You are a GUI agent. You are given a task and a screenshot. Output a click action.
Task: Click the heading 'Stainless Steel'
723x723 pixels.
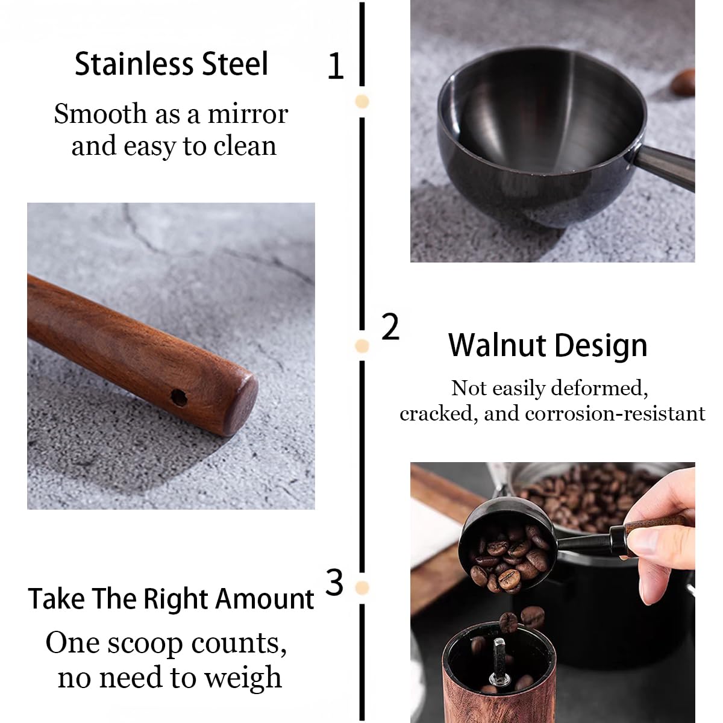click(171, 64)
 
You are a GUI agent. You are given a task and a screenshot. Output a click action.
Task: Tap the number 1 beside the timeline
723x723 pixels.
click(335, 66)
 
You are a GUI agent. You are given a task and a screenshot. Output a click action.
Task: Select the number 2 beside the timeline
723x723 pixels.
click(390, 327)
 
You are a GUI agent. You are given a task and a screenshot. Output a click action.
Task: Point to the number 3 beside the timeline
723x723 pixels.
click(334, 583)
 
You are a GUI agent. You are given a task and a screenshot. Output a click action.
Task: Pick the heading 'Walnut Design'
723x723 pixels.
click(547, 345)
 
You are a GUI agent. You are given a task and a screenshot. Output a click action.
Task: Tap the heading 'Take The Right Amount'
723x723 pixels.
click(171, 599)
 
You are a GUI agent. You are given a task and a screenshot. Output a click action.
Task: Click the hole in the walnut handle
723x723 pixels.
click(178, 397)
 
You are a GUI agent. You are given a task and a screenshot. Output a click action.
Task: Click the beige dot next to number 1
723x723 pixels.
click(362, 101)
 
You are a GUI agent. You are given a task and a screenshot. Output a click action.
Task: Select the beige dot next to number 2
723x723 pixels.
click(362, 346)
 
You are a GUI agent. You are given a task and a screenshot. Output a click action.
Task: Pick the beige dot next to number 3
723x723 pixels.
click(362, 587)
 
